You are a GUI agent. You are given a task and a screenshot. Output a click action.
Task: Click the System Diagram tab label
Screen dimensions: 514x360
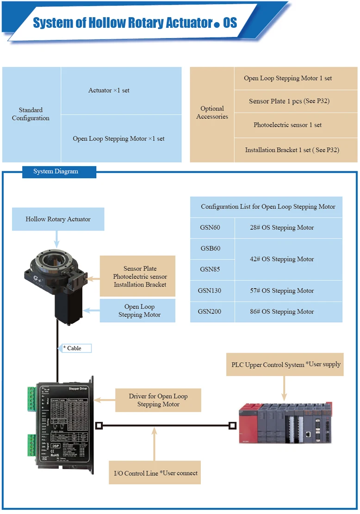click(x=56, y=172)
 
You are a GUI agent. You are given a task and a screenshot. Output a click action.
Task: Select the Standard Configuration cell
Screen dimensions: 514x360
click(x=31, y=114)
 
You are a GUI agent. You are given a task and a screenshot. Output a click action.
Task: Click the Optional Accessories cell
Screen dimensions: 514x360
click(x=212, y=113)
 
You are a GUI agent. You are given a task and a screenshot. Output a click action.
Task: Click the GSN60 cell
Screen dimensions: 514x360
click(x=211, y=228)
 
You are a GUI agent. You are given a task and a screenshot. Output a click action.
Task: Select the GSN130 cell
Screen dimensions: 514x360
click(x=211, y=291)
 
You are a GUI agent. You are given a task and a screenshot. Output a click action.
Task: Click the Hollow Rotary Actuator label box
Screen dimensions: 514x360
click(x=58, y=219)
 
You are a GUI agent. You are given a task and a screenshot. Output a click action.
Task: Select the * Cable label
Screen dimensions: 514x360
click(x=74, y=348)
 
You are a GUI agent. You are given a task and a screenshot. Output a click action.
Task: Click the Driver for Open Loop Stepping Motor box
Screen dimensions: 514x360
click(x=158, y=400)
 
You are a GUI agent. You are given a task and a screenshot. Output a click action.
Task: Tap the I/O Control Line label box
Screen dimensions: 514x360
click(x=155, y=473)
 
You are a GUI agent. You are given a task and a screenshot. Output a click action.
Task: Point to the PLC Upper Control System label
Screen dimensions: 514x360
click(x=286, y=365)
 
